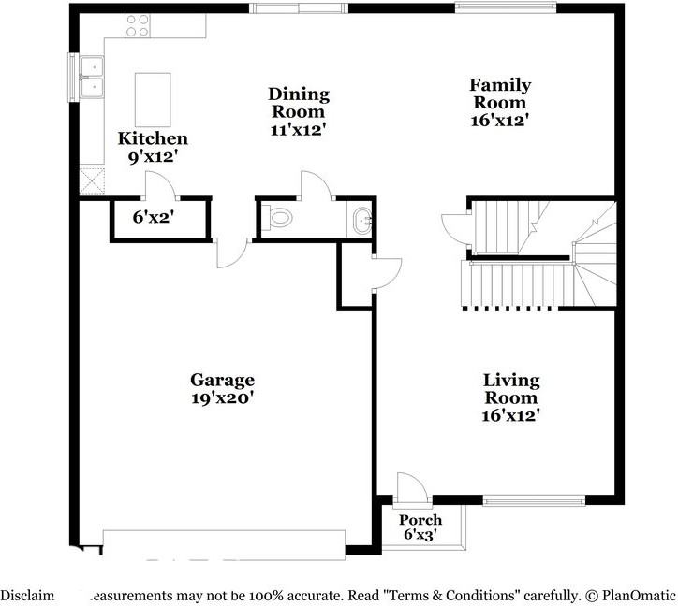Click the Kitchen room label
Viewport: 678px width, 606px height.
[x=145, y=139]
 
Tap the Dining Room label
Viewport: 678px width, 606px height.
[x=299, y=94]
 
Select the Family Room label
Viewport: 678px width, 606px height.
[x=499, y=85]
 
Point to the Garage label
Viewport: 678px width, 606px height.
[x=222, y=380]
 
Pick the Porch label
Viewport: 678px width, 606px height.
[x=420, y=520]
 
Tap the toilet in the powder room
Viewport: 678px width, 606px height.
[x=276, y=218]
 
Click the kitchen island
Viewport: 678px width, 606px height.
[x=154, y=99]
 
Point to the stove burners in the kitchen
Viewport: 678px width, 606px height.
[x=138, y=25]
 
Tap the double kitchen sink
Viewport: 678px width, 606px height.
[x=92, y=77]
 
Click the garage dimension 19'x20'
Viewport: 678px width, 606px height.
[x=222, y=397]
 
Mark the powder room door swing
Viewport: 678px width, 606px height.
[x=316, y=185]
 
